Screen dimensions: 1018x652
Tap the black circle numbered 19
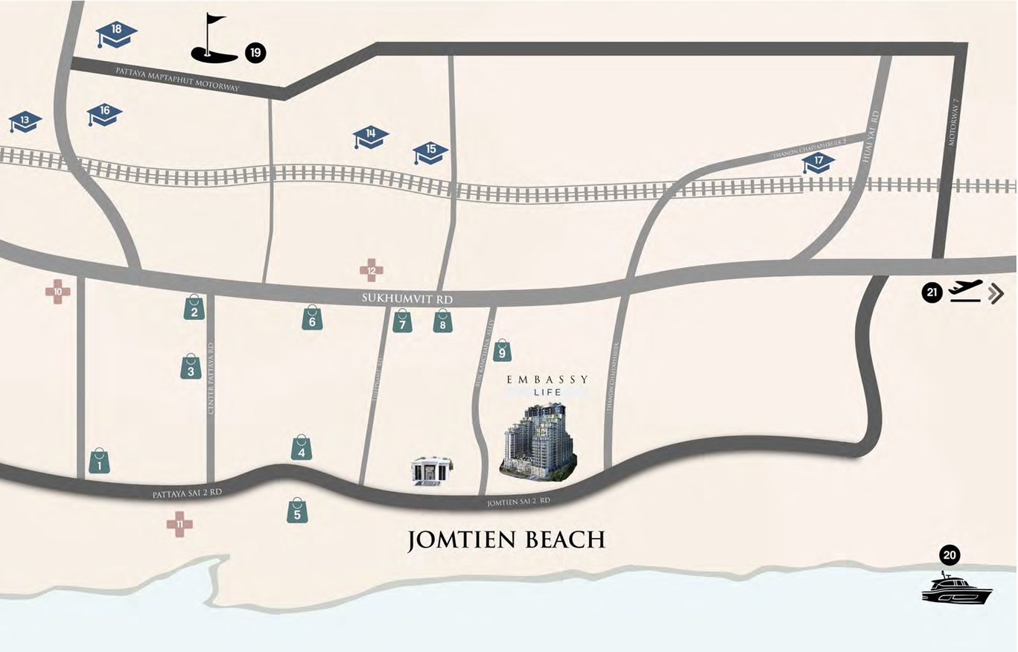click(255, 52)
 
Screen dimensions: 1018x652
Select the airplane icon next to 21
click(966, 291)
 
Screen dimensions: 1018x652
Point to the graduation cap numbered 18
click(117, 33)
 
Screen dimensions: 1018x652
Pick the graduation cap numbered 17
click(818, 162)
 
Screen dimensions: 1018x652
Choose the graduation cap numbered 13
click(25, 121)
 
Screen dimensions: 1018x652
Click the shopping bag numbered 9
click(503, 349)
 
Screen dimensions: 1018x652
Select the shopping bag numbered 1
click(99, 461)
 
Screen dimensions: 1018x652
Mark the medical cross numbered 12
click(372, 270)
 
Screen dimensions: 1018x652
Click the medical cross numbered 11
click(179, 524)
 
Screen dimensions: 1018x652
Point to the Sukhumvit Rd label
click(407, 298)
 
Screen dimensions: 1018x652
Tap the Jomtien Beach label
click(506, 539)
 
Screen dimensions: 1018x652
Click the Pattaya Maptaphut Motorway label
click(177, 79)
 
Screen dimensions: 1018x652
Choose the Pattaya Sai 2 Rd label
click(187, 493)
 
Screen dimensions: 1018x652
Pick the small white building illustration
click(432, 471)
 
